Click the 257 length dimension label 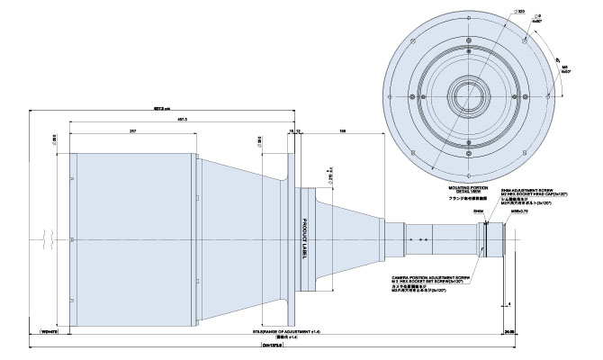(x=133, y=130)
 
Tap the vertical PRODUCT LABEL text (x=305, y=238)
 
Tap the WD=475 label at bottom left (x=50, y=332)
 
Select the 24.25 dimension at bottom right (x=509, y=332)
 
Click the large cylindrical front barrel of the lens (x=135, y=238)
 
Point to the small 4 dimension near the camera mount (x=509, y=305)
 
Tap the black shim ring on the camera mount (x=485, y=238)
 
